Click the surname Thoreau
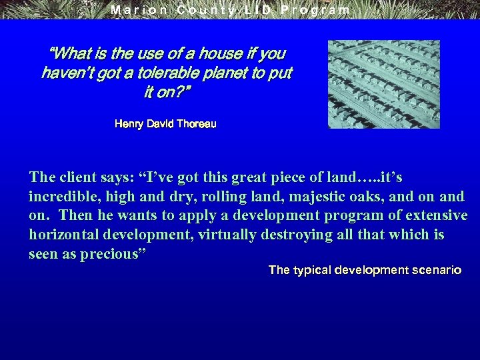(197, 124)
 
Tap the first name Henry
(129, 124)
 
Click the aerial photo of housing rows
(383, 84)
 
